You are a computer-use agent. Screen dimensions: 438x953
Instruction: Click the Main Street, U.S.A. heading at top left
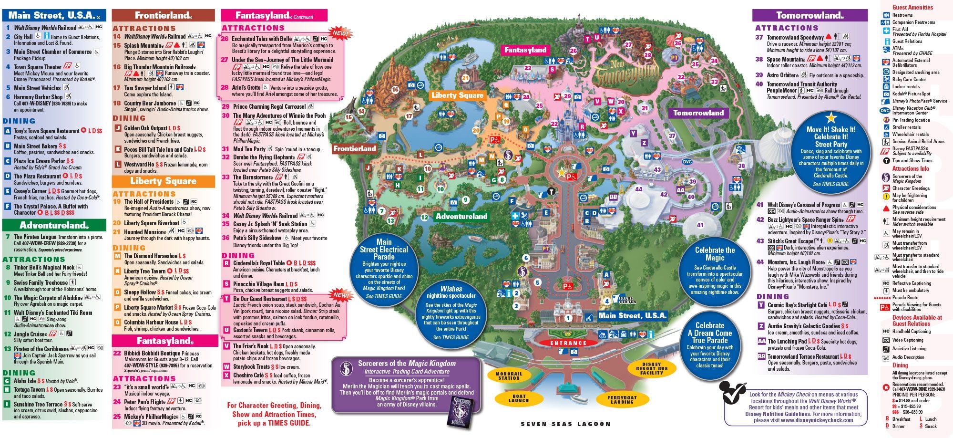tap(51, 15)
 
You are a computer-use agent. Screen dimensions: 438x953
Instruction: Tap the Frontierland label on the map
tap(355, 148)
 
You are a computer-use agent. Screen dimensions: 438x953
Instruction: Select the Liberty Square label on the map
tap(457, 95)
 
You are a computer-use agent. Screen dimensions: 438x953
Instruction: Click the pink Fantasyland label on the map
tap(525, 50)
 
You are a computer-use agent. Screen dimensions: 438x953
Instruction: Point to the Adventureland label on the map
tap(461, 216)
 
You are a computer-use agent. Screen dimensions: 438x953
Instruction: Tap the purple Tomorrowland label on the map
tap(698, 113)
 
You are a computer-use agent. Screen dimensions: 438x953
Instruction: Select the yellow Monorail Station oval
tap(509, 376)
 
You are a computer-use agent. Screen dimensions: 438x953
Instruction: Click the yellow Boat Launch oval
tap(519, 398)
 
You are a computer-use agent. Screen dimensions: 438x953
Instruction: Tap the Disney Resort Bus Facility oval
tap(651, 368)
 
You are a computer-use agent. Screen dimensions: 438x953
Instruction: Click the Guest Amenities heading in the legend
tap(912, 7)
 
